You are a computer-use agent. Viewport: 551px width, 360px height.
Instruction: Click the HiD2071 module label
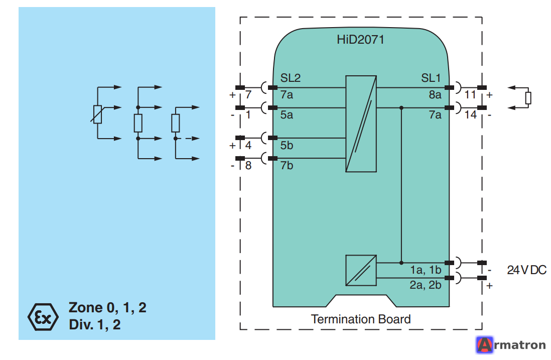point(360,39)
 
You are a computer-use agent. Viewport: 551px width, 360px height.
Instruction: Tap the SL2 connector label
point(290,78)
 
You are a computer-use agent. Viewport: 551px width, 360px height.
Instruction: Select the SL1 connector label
point(431,78)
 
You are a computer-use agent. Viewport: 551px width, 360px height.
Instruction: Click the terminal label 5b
point(287,145)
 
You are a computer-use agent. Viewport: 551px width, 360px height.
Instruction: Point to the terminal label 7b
point(287,165)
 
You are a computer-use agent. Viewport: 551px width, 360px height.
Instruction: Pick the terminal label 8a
point(435,94)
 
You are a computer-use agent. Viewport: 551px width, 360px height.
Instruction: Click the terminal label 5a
point(287,114)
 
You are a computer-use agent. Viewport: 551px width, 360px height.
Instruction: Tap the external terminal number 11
point(470,94)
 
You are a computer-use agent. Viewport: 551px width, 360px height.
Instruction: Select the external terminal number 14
point(471,114)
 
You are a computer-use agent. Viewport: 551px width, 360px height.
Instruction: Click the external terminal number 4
point(248,145)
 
